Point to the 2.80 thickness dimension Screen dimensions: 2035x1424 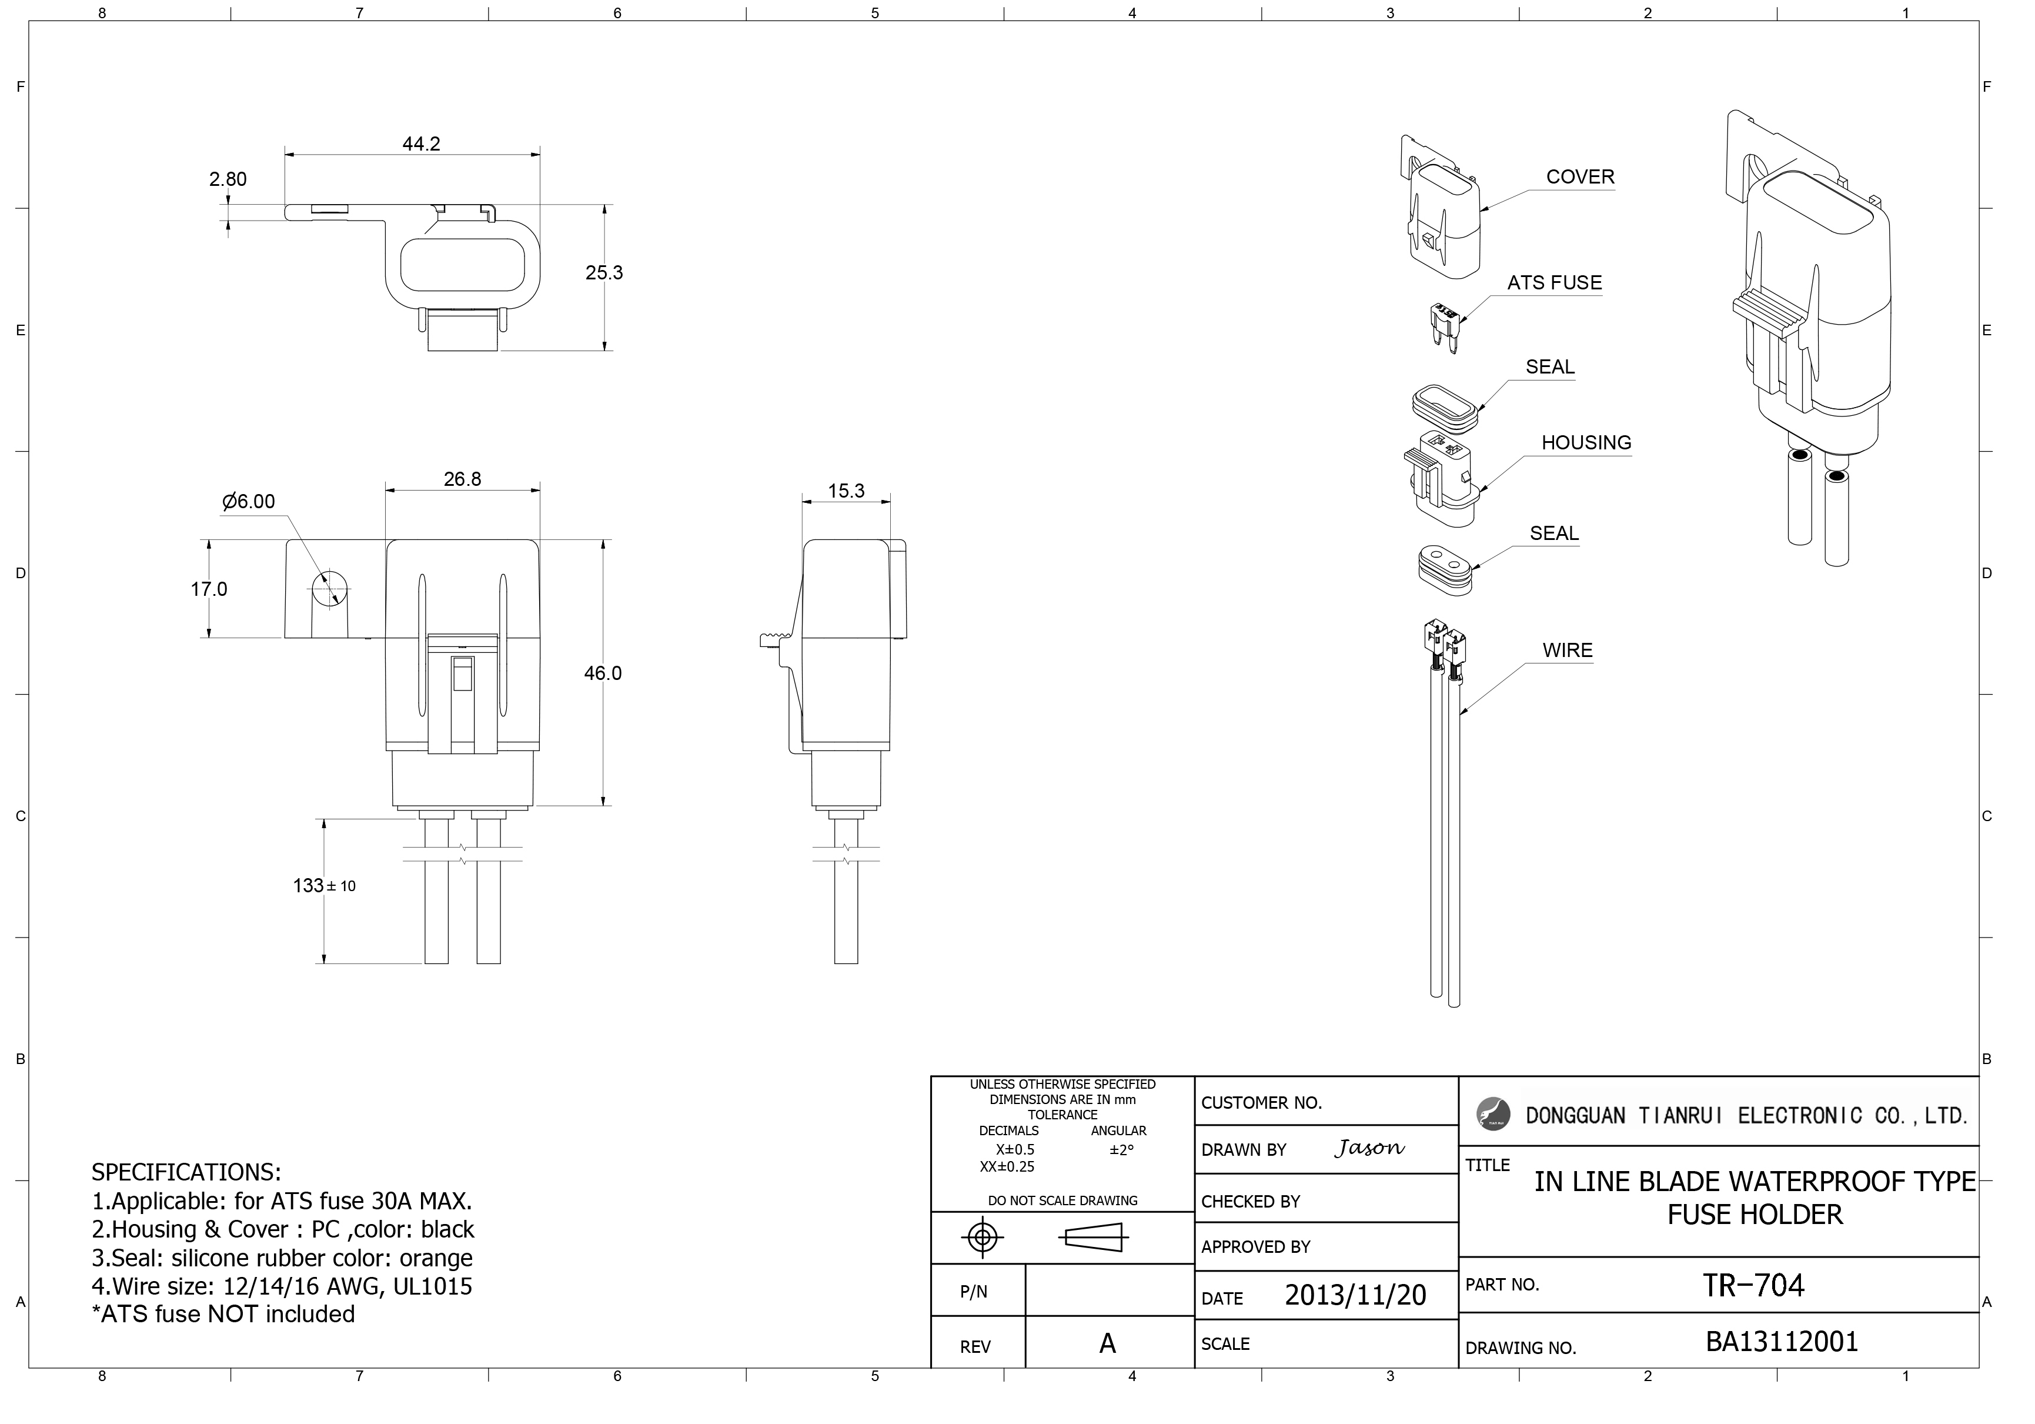click(228, 179)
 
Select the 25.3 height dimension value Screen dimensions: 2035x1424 click(604, 272)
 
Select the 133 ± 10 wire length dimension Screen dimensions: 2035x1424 click(325, 886)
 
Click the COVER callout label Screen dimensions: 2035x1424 click(1580, 176)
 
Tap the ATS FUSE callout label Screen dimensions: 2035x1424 click(1555, 283)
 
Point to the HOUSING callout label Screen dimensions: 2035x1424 click(1586, 442)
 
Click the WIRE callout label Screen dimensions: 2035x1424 click(1567, 650)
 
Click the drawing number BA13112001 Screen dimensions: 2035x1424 click(1782, 1342)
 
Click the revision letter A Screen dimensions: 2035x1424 click(1107, 1344)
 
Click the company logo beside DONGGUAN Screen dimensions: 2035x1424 click(1493, 1113)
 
